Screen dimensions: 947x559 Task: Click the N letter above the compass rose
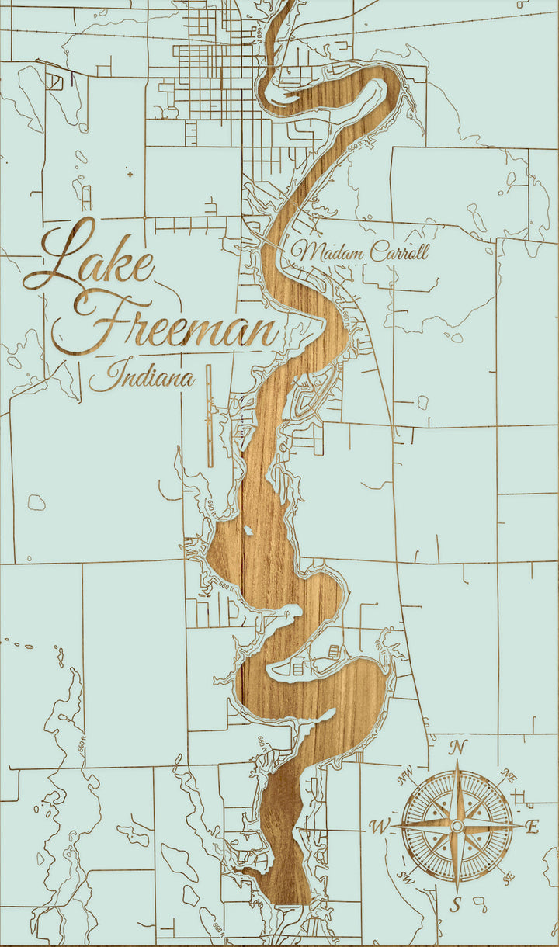click(459, 748)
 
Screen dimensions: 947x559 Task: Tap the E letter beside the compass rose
click(533, 827)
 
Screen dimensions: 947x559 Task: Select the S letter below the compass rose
click(457, 904)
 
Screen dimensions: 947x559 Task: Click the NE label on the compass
click(510, 775)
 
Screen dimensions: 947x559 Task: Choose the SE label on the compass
click(509, 878)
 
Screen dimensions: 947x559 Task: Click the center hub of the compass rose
click(457, 825)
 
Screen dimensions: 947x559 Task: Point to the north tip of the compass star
click(457, 764)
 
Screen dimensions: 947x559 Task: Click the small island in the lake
click(248, 530)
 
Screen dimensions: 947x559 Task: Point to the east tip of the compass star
click(519, 826)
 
